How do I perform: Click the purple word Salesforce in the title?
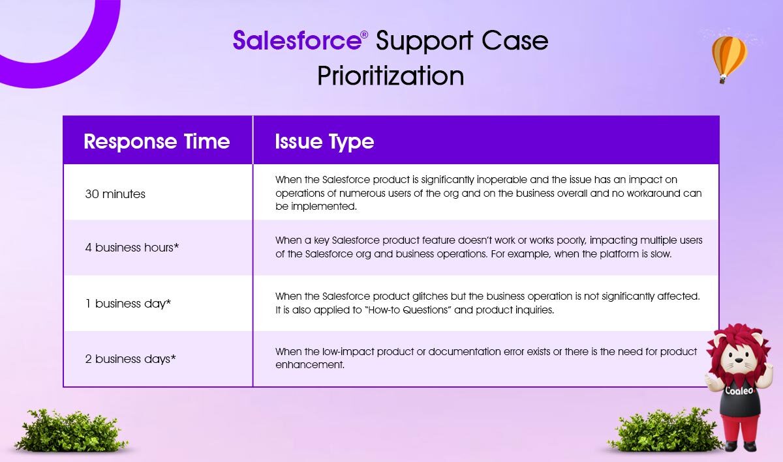point(297,40)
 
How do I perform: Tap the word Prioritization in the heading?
point(390,76)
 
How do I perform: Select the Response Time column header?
point(157,141)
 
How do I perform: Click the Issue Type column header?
point(324,142)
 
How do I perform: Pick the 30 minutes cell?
point(115,194)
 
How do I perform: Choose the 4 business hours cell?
point(132,248)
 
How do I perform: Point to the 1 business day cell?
point(128,304)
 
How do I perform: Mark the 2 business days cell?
point(130,359)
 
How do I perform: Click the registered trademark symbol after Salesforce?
point(364,35)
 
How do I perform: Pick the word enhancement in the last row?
point(310,365)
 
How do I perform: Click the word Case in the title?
point(515,41)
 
